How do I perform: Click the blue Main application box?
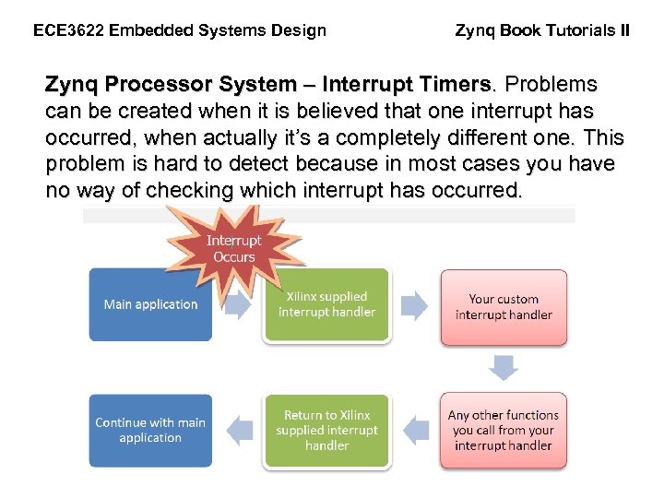[x=150, y=304]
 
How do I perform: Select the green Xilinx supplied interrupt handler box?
[x=326, y=304]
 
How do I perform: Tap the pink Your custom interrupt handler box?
[x=504, y=307]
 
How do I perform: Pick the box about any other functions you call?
[x=504, y=431]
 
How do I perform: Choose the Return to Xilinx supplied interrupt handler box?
[x=326, y=431]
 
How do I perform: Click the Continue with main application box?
[x=150, y=430]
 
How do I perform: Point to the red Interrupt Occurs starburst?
[x=233, y=249]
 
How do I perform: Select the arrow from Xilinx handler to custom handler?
[x=415, y=305]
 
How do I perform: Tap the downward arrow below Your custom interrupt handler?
[x=504, y=368]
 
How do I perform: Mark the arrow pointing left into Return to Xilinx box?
[x=417, y=430]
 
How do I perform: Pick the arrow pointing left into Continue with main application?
[x=240, y=430]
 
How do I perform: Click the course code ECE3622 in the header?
[x=67, y=30]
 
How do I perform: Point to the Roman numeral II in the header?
[x=624, y=30]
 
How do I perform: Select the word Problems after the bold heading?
[x=551, y=86]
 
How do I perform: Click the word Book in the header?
[x=522, y=30]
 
